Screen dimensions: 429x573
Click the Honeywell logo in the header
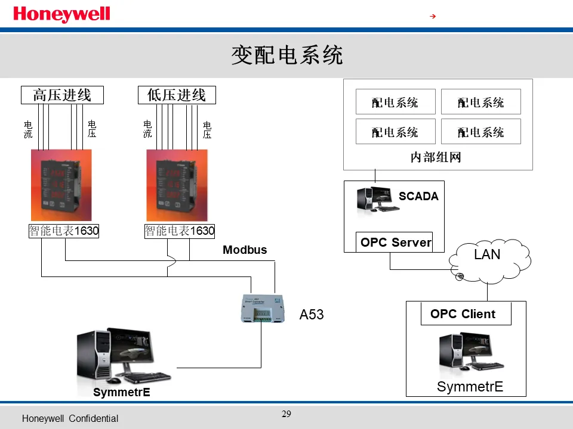pos(61,14)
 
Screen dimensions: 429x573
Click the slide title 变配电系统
pos(286,55)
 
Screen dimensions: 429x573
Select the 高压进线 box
pos(62,95)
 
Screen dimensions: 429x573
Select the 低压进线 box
pos(177,95)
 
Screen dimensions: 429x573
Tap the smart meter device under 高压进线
pos(61,185)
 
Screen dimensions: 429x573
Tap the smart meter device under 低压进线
pos(177,185)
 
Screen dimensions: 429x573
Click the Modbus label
pos(245,250)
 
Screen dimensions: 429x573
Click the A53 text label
pos(312,315)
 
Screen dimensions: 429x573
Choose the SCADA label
pos(418,197)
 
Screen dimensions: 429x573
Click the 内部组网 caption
pos(436,157)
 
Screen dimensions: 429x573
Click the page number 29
pos(286,414)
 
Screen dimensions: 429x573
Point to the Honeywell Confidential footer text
pos(70,419)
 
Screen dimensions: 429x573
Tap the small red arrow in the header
pos(433,16)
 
